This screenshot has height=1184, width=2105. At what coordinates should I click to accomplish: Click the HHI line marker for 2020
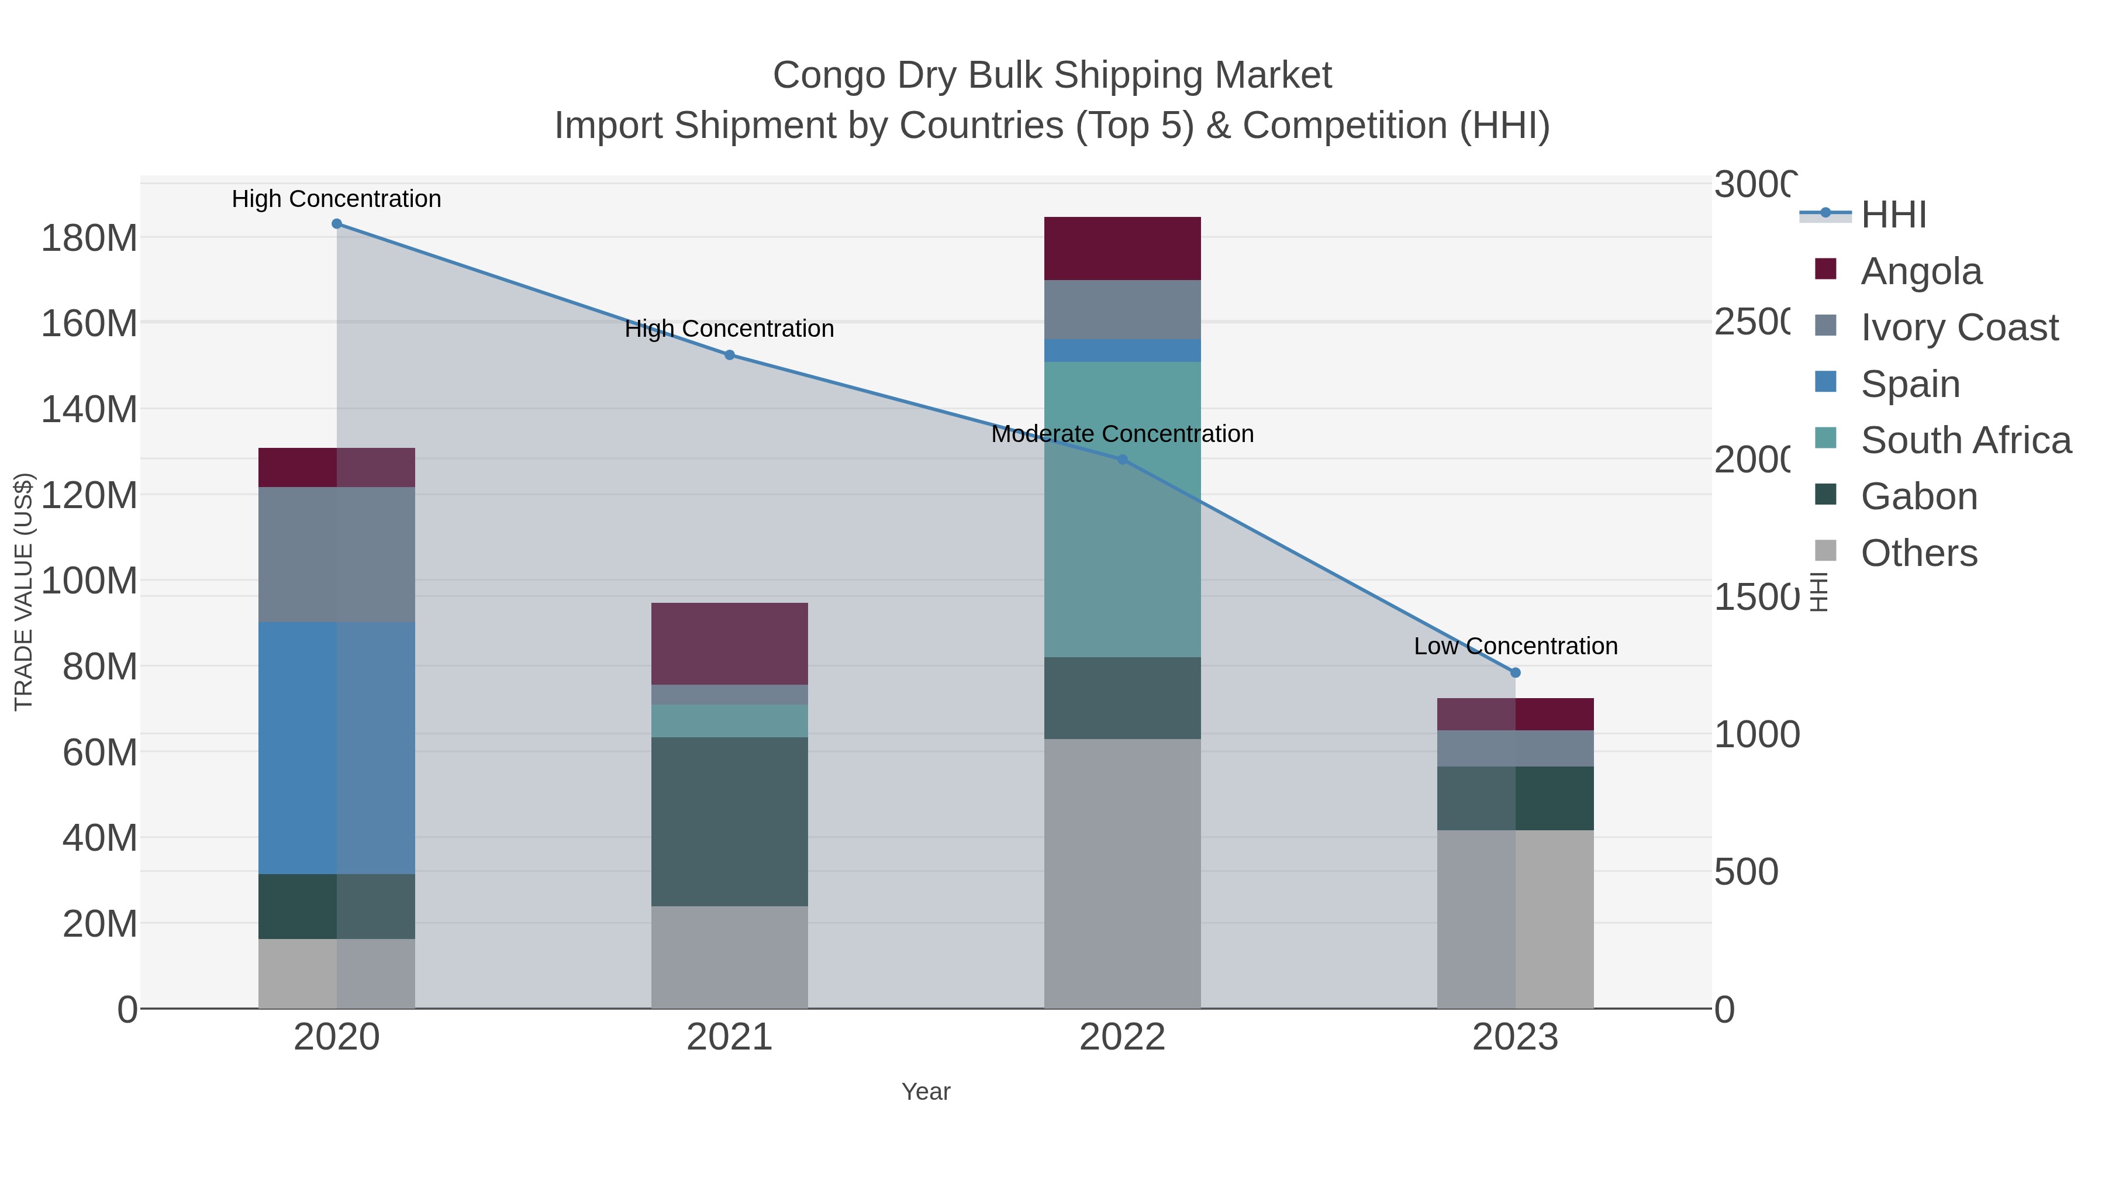[337, 224]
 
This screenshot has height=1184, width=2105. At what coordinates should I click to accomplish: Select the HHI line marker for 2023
[1515, 672]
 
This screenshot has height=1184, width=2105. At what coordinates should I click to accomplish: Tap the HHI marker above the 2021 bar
[730, 355]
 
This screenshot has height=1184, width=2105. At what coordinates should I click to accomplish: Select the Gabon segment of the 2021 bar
[729, 821]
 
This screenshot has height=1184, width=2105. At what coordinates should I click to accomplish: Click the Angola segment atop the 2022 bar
[1122, 248]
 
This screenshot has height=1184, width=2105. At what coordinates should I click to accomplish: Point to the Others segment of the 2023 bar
[1515, 919]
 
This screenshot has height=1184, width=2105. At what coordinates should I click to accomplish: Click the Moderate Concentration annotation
[1122, 434]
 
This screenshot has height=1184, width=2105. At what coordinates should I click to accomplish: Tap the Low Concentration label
[1515, 646]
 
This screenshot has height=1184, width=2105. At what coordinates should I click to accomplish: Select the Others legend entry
[1918, 553]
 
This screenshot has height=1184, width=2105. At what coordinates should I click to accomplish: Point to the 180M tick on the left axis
[88, 239]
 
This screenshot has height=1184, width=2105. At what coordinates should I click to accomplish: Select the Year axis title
[925, 1092]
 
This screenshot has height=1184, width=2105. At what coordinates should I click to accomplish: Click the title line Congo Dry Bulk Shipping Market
[1052, 75]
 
